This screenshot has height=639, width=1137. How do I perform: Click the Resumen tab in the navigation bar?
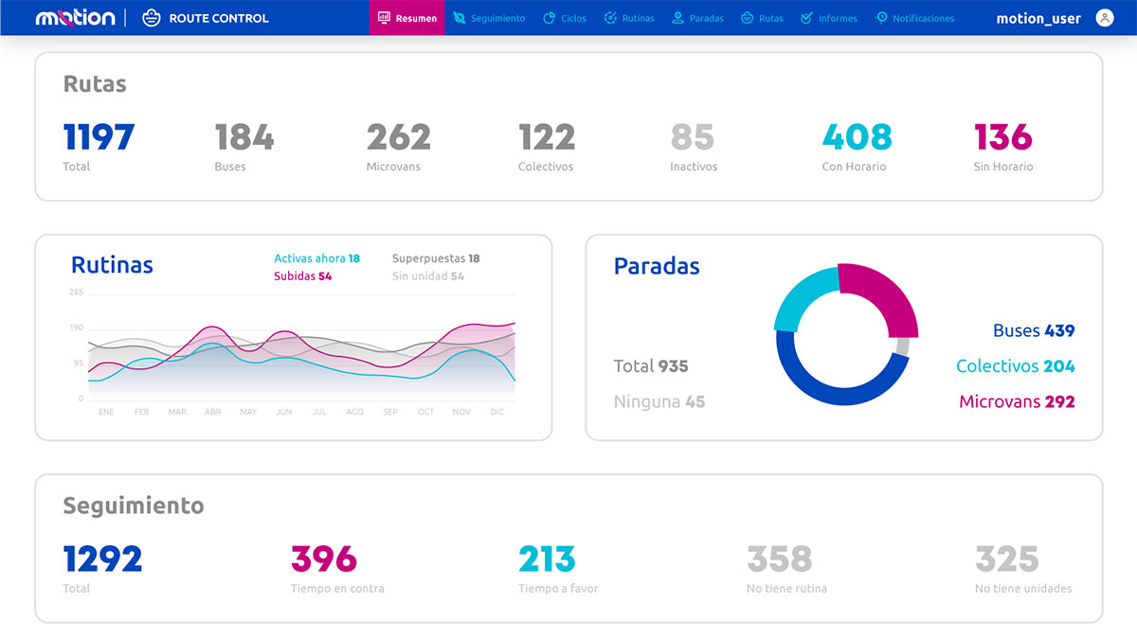[x=407, y=18]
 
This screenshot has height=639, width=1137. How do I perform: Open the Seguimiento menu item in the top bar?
[x=489, y=18]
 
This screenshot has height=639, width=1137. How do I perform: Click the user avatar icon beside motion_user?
[x=1104, y=18]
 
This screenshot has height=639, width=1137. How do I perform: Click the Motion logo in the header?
[x=75, y=18]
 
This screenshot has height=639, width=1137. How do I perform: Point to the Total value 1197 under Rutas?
[x=99, y=138]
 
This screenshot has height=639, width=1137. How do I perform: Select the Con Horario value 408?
[x=857, y=138]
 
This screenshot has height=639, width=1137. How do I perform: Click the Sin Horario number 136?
[x=1002, y=138]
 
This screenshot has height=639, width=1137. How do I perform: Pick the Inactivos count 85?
[x=692, y=138]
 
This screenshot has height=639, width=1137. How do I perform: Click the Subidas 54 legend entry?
[x=302, y=276]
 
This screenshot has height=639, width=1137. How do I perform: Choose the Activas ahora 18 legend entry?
[x=316, y=258]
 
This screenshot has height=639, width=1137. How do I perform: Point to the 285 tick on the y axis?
[x=76, y=293]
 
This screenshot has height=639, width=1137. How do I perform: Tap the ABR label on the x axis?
[x=212, y=412]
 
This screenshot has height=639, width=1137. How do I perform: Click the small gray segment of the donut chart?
[x=902, y=346]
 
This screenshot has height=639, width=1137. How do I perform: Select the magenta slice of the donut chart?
[x=881, y=293]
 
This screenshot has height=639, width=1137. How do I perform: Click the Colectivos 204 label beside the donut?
[x=1015, y=366]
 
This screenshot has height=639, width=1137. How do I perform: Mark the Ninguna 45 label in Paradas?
[x=659, y=401]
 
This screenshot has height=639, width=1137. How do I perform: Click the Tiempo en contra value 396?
[x=323, y=559]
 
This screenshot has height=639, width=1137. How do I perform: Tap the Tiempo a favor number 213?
[x=547, y=559]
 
